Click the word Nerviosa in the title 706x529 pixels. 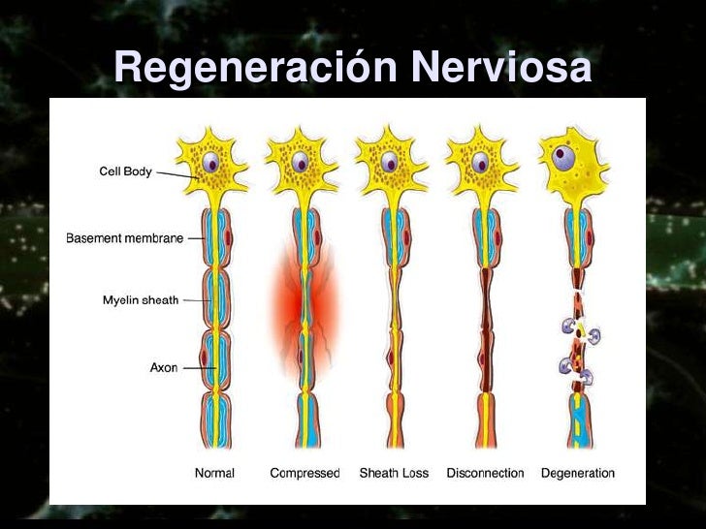[x=499, y=69]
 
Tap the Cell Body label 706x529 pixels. [x=126, y=171]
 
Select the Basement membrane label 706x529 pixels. [x=124, y=238]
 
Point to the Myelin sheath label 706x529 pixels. [x=141, y=300]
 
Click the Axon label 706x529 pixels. [x=164, y=368]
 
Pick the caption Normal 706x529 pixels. [x=214, y=474]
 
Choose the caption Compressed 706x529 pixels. [x=305, y=474]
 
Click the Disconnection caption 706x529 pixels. [x=485, y=474]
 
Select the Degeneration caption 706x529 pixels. [x=578, y=474]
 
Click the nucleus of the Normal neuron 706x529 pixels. [x=212, y=162]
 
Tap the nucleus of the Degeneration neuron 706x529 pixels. [x=562, y=154]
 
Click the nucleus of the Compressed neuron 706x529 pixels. [x=302, y=162]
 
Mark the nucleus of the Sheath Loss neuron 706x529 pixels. [x=391, y=162]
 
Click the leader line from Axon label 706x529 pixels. [x=198, y=368]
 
